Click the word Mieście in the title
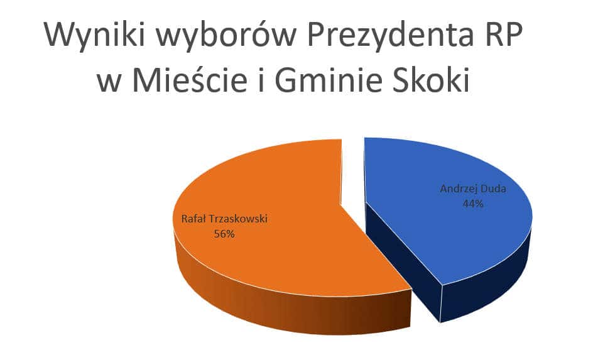pyautogui.click(x=190, y=79)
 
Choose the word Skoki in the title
pyautogui.click(x=432, y=79)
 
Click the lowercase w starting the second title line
pyautogui.click(x=110, y=83)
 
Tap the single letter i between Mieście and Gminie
pyautogui.click(x=261, y=79)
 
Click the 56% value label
pyautogui.click(x=224, y=234)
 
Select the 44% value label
pyautogui.click(x=473, y=204)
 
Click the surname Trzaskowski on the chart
pyautogui.click(x=237, y=219)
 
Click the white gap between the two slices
pyautogui.click(x=353, y=172)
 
